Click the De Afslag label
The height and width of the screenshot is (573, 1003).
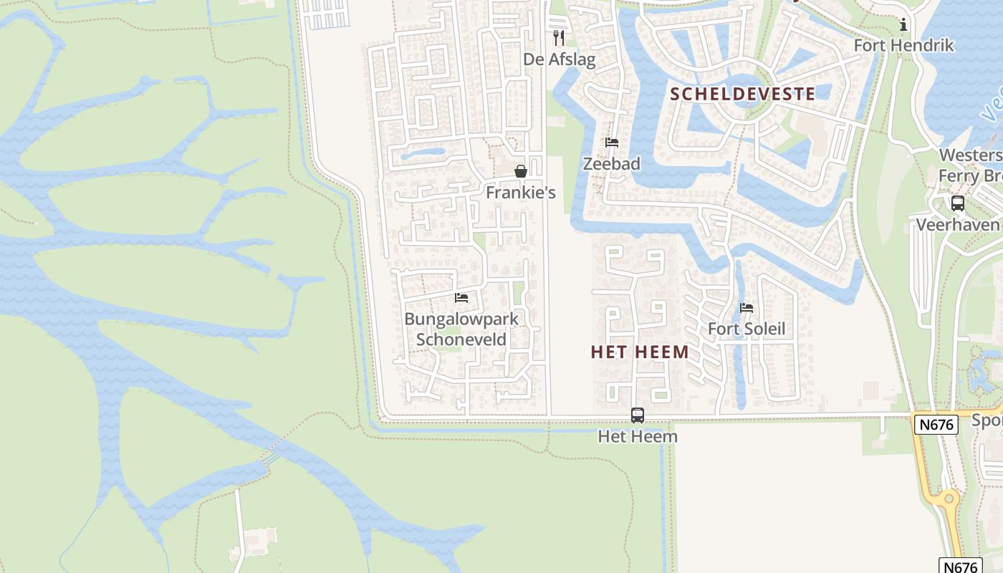click(x=559, y=59)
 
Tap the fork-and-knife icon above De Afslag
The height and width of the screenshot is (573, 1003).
click(x=559, y=37)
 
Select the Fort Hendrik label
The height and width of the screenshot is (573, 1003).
click(x=903, y=45)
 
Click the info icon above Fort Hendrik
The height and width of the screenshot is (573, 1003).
click(x=903, y=25)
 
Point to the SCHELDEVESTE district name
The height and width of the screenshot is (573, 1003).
click(x=742, y=94)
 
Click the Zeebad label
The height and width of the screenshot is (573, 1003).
click(x=611, y=163)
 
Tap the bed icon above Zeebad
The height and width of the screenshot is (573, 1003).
click(x=611, y=143)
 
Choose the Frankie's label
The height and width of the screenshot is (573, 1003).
click(x=520, y=193)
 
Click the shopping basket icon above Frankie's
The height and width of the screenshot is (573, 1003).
click(x=521, y=171)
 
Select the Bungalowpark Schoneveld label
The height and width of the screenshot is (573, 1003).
click(x=461, y=329)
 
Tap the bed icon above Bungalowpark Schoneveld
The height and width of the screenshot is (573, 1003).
click(x=461, y=297)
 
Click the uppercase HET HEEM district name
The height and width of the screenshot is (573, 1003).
click(x=640, y=352)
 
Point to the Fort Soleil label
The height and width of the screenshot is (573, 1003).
click(x=747, y=329)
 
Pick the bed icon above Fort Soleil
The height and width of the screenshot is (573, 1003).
click(x=747, y=308)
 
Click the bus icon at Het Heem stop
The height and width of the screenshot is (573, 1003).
click(x=637, y=415)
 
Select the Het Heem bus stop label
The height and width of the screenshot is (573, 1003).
click(x=637, y=435)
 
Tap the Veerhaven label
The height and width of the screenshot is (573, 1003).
click(x=958, y=225)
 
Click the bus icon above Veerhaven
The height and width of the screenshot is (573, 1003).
click(x=958, y=203)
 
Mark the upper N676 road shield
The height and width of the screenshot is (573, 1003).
click(x=936, y=425)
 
